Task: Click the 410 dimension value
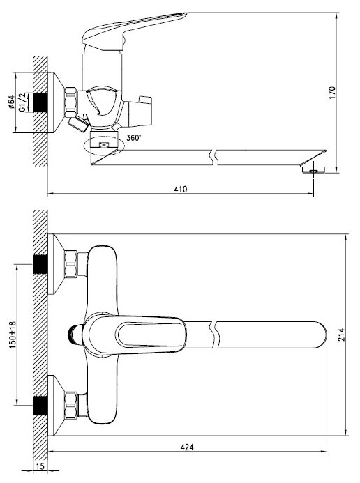(180, 189)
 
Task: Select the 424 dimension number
(187, 447)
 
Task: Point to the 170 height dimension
(332, 93)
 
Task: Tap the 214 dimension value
(341, 335)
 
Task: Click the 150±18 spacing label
(13, 335)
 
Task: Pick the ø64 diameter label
(11, 102)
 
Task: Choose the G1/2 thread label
(22, 102)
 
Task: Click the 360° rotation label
(133, 138)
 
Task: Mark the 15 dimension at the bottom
(40, 466)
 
